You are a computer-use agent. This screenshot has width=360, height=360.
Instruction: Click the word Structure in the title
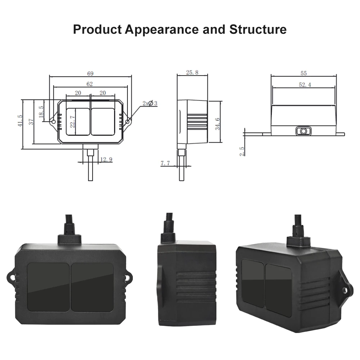coord(258,29)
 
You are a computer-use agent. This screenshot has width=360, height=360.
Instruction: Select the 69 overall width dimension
coord(90,73)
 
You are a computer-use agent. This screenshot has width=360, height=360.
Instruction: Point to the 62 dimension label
coord(90,84)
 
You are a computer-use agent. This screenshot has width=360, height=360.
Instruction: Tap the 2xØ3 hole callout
coord(150,103)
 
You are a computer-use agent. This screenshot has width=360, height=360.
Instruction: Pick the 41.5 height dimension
coord(21,121)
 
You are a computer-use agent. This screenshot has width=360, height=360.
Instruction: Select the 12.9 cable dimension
coord(106,159)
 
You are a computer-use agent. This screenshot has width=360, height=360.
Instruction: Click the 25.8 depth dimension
coord(192,72)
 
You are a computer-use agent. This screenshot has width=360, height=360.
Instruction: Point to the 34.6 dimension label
coord(217,123)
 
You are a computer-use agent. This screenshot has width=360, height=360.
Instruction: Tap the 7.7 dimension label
coord(165,163)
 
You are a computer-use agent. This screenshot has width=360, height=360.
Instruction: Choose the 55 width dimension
coord(303,73)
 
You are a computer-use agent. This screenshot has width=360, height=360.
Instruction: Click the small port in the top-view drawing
coord(303,131)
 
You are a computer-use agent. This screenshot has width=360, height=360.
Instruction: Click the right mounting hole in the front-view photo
coord(127,278)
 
